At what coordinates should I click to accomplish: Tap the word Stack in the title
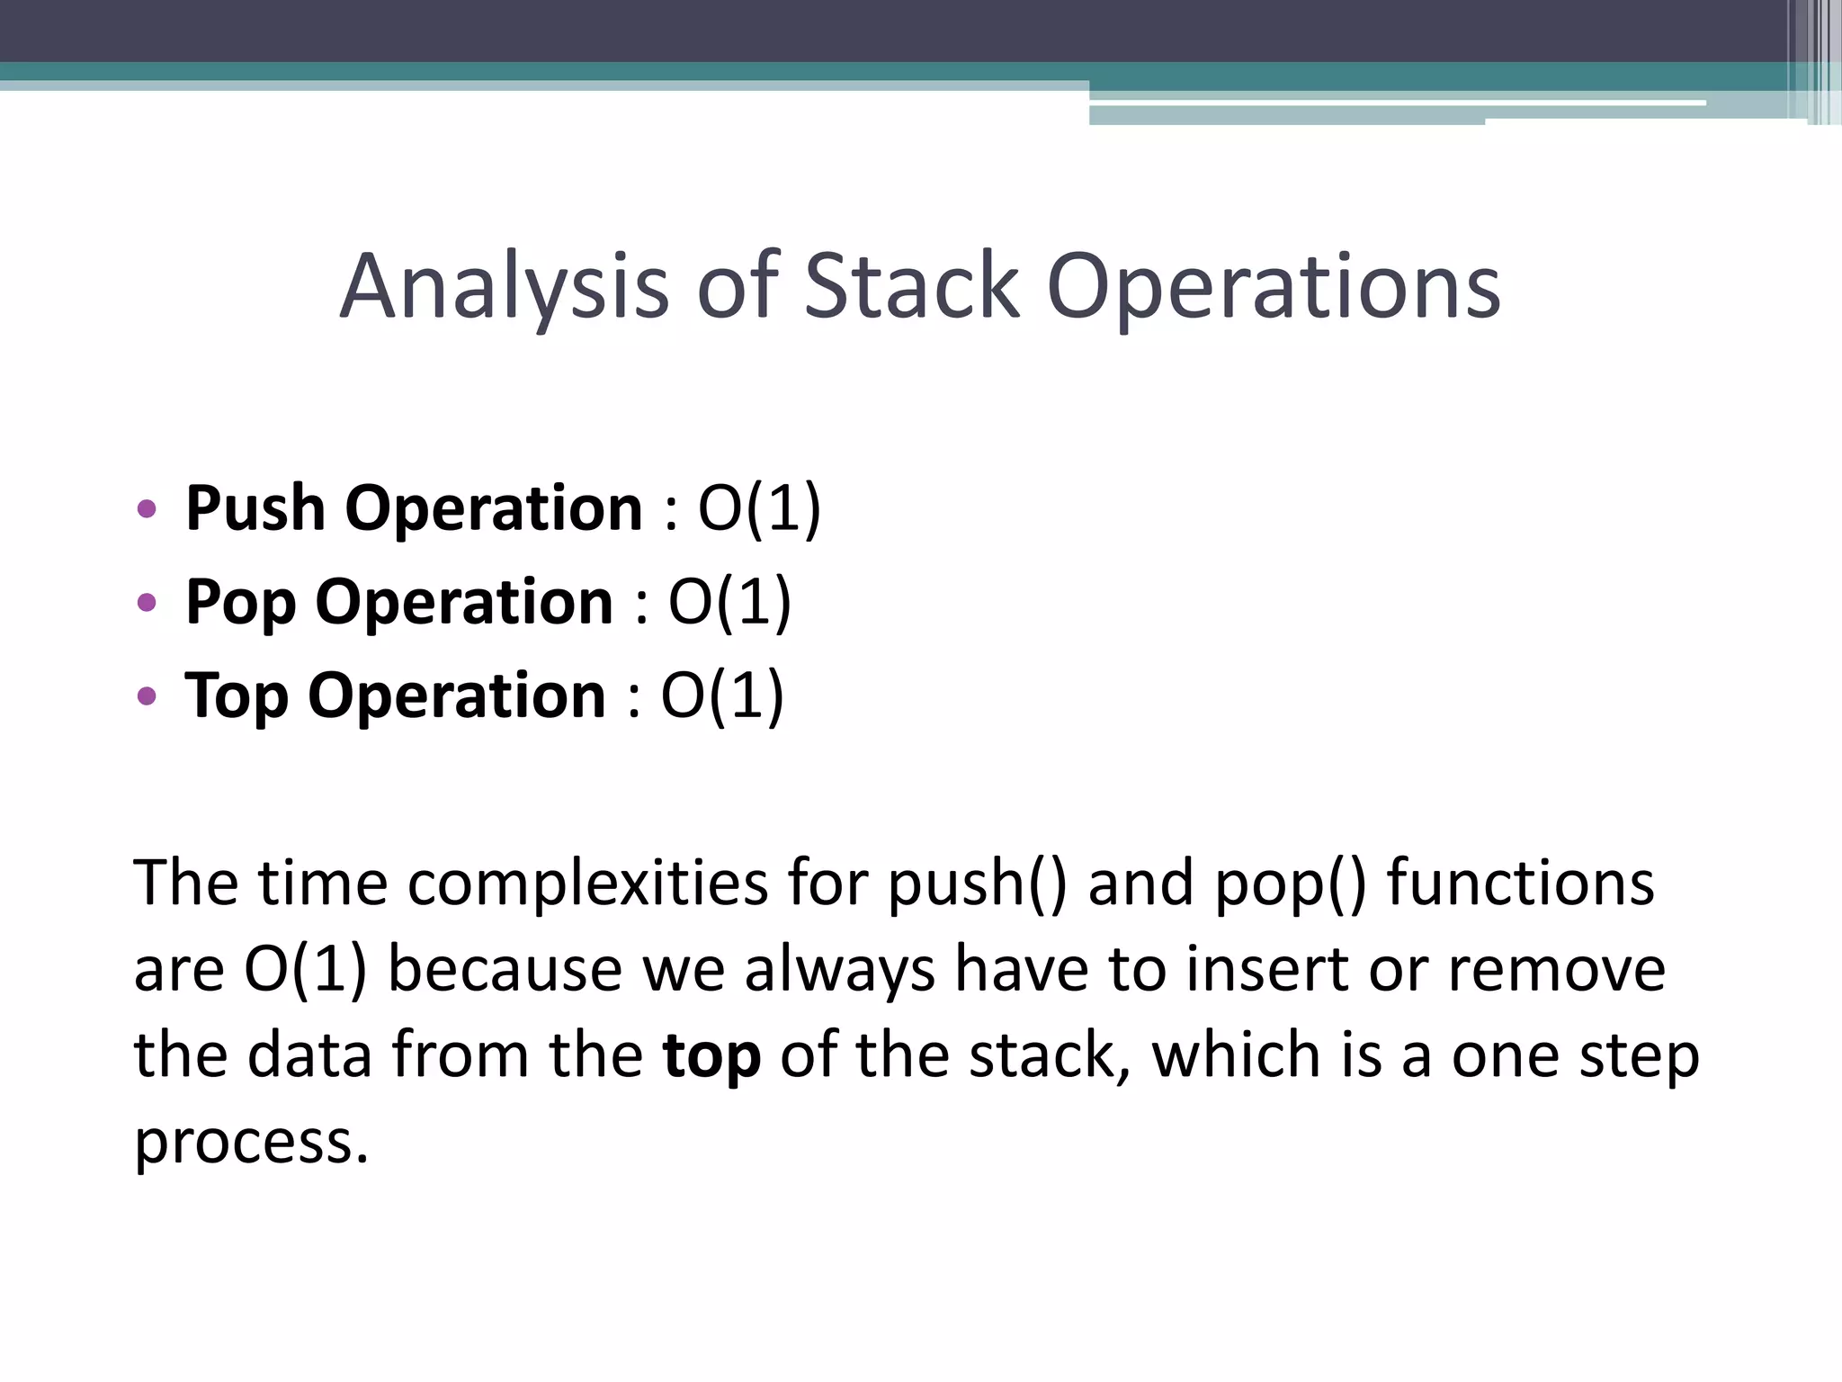click(911, 286)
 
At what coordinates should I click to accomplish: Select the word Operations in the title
click(1274, 286)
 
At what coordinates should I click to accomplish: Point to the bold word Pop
click(240, 602)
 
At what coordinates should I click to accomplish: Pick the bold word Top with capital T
click(237, 695)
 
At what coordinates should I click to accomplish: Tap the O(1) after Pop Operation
click(729, 602)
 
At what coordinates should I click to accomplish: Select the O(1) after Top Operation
click(722, 695)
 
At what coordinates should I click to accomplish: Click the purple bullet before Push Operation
click(147, 509)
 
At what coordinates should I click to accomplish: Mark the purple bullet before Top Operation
click(147, 695)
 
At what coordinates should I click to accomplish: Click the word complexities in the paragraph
click(587, 884)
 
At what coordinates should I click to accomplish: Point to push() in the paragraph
click(978, 884)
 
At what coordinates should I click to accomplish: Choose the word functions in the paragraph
click(1520, 884)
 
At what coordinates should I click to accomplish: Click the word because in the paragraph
click(505, 970)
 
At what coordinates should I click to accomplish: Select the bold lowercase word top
click(711, 1056)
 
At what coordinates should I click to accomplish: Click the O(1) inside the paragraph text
click(305, 970)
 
